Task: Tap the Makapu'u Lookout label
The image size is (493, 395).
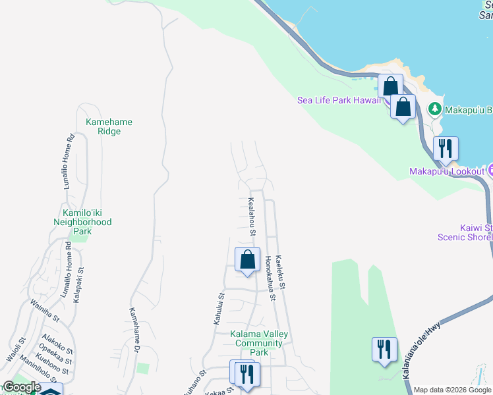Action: pyautogui.click(x=447, y=171)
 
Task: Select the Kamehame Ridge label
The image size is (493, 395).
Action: pyautogui.click(x=104, y=126)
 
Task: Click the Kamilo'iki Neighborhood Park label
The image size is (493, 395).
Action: pyautogui.click(x=82, y=222)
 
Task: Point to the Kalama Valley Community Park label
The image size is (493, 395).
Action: pyautogui.click(x=259, y=343)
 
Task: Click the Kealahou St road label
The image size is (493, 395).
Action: pyautogui.click(x=252, y=217)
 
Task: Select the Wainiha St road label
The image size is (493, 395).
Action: pyautogui.click(x=45, y=310)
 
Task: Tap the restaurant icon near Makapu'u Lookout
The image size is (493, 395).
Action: pyautogui.click(x=446, y=149)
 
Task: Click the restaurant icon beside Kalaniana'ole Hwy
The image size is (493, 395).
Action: pyautogui.click(x=384, y=349)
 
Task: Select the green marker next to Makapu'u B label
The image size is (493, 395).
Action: pyautogui.click(x=434, y=109)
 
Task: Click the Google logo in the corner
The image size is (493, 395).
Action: pyautogui.click(x=21, y=387)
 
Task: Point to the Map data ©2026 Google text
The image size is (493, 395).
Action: pyautogui.click(x=452, y=390)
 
